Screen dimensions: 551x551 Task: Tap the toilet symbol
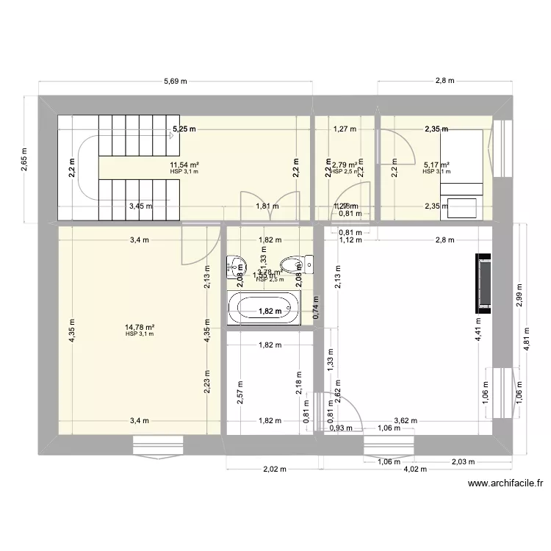click(x=290, y=264)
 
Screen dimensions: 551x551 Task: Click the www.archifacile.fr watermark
click(x=505, y=483)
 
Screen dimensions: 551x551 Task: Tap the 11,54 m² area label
click(x=184, y=165)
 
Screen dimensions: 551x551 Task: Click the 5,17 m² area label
click(x=436, y=165)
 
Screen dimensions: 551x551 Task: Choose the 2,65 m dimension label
click(x=24, y=158)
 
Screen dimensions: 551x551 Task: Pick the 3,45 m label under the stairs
click(x=140, y=206)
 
